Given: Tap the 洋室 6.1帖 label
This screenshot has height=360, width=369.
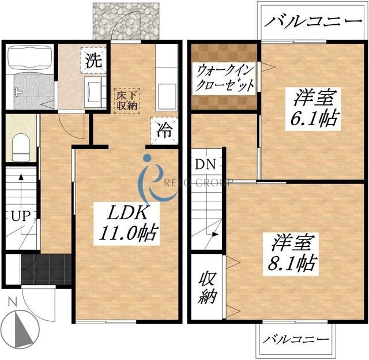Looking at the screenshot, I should (x=314, y=108).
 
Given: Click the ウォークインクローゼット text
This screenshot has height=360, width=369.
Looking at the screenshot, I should (x=225, y=79).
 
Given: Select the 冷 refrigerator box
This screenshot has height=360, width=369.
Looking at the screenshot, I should (x=162, y=130).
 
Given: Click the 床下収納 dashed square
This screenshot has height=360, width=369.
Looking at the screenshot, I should (x=126, y=100).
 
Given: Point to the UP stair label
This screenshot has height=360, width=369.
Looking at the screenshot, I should (x=19, y=217).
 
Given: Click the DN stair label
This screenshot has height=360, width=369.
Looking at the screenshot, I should (x=205, y=164).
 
